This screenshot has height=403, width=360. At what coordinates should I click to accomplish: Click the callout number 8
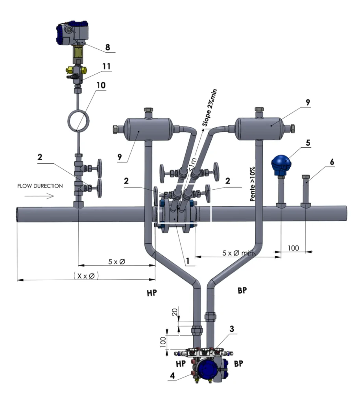pos(108,47)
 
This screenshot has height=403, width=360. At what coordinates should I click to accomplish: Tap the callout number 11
pos(106,66)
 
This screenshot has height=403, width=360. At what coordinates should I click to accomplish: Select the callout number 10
pos(101,85)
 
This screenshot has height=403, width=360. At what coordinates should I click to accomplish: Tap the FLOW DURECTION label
pos(40,186)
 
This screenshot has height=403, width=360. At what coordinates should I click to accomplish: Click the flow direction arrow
pos(39,196)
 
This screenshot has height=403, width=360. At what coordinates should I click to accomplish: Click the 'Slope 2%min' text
pos(209,107)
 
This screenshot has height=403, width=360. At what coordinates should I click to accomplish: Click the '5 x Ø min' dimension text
pos(238,253)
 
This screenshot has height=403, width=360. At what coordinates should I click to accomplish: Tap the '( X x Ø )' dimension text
pos(86,276)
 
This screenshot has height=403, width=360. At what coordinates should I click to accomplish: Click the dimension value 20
pos(175,312)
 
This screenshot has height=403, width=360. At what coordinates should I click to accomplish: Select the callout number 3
pos(231,329)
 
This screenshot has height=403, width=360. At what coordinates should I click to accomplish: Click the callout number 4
pos(172,375)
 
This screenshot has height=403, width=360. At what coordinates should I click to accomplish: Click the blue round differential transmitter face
pos(208,369)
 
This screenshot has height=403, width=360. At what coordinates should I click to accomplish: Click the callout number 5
pos(308,142)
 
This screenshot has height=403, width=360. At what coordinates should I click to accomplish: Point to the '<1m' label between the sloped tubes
pos(192,164)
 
